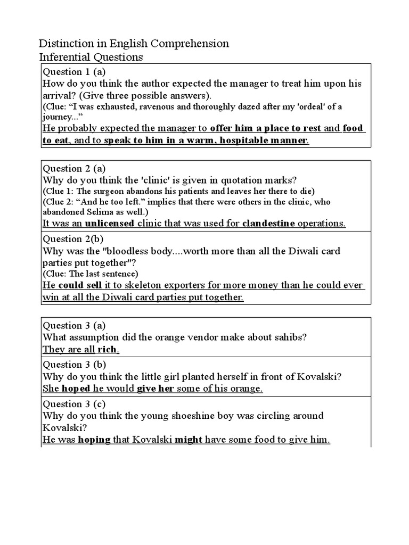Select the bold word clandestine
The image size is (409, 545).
coord(268,224)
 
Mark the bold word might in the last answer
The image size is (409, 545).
coord(189,440)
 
